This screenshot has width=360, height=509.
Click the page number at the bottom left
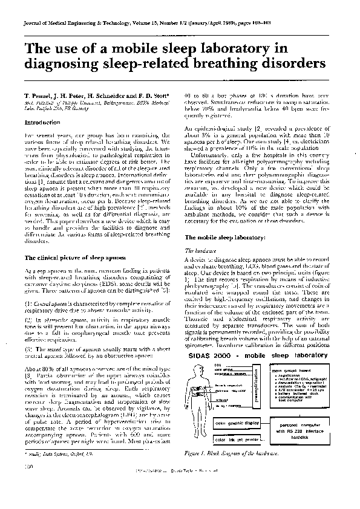click(x=28, y=484)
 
